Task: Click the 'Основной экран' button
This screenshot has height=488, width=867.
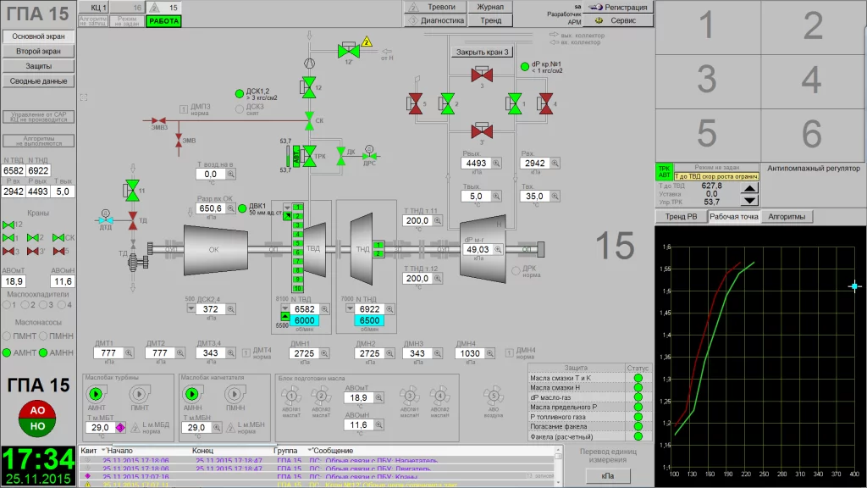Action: click(39, 36)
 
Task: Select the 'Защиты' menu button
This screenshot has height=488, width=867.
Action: click(39, 66)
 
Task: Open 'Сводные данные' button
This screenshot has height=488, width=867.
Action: click(39, 81)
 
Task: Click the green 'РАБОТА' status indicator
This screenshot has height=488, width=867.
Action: click(163, 20)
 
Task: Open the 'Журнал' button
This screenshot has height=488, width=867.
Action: click(490, 7)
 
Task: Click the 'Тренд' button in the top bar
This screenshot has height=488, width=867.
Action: click(490, 20)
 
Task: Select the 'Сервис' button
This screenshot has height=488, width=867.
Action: click(618, 19)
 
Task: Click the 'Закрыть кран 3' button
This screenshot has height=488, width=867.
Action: click(483, 52)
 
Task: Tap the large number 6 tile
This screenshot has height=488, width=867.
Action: click(812, 134)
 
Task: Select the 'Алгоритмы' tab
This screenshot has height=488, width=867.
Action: click(788, 217)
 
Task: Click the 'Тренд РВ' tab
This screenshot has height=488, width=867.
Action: click(681, 217)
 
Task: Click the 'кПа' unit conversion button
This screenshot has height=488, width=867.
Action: click(608, 477)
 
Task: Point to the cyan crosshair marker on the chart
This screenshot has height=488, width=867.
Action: click(854, 287)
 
